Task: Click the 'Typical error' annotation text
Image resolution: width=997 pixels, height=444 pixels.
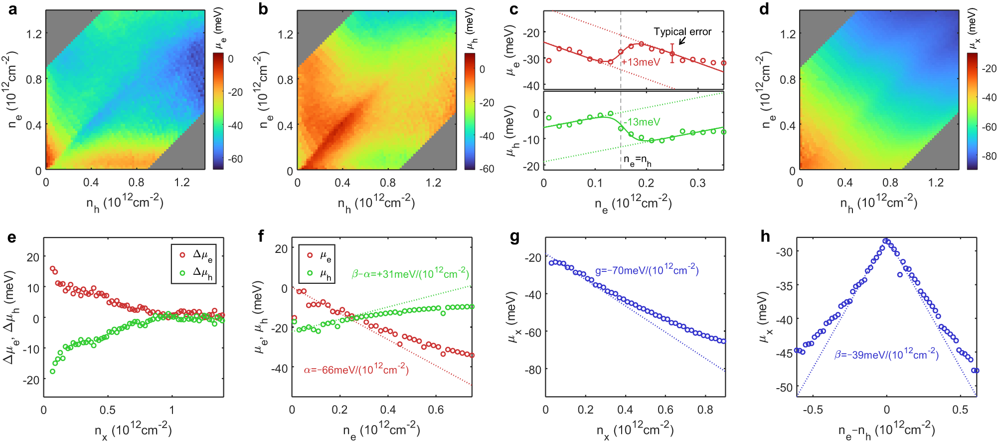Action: point(682,32)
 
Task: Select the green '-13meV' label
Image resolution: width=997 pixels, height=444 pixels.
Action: point(642,122)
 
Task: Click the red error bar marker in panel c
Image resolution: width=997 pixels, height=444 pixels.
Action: point(672,53)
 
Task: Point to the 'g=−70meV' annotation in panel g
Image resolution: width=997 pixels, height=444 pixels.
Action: point(647,270)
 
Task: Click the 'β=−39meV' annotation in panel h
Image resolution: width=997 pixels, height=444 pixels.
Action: point(886,355)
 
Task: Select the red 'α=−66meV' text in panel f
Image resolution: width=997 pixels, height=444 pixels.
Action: point(356,370)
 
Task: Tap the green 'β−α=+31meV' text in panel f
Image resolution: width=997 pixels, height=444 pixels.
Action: point(410,273)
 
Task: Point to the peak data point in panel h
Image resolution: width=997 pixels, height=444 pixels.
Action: point(886,241)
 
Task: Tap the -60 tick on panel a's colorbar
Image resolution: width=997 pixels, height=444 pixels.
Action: point(235,159)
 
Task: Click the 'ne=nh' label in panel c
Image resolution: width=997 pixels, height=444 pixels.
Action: point(637,161)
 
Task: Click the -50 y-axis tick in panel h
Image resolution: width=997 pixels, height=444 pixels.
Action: point(785,388)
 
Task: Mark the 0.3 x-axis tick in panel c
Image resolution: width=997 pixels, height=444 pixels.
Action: point(697,183)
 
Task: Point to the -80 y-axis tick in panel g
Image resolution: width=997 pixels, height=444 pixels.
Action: point(534,370)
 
